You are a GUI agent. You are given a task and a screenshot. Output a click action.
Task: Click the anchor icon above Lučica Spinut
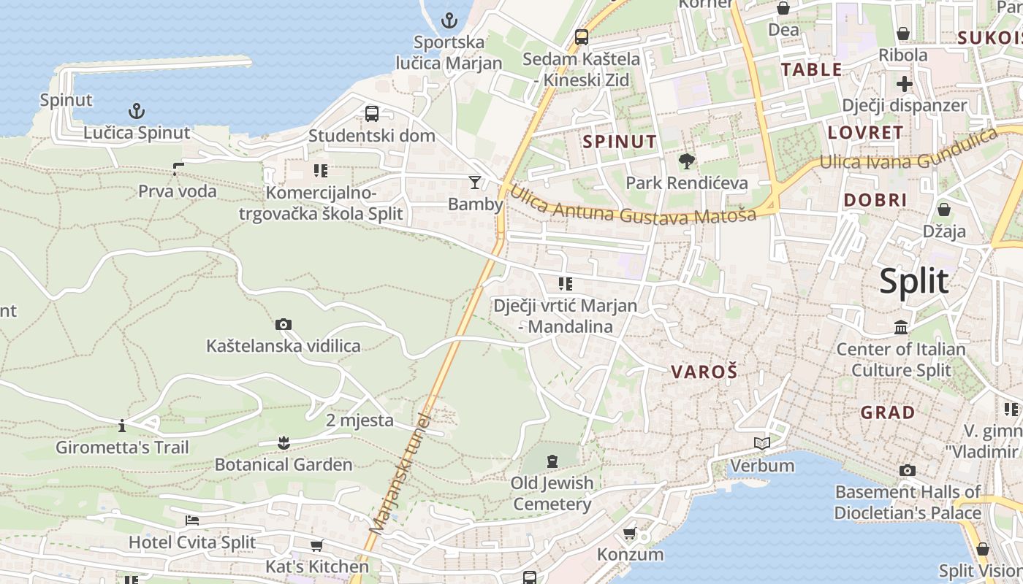[x=137, y=111]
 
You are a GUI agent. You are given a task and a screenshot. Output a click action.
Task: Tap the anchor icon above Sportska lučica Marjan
[x=449, y=20]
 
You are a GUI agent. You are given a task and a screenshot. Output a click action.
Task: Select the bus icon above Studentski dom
[x=372, y=114]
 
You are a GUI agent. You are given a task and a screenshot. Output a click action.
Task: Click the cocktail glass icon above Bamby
[x=475, y=182]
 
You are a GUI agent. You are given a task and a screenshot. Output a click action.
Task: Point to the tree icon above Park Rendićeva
[x=686, y=161]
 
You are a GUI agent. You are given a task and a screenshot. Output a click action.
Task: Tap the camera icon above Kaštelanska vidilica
[x=284, y=324]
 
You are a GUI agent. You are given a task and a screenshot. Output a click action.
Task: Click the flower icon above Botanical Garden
[x=284, y=442]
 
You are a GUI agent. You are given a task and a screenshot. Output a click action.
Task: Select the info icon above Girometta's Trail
[x=122, y=426]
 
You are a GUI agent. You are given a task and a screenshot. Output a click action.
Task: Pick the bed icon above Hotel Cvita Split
[x=192, y=520]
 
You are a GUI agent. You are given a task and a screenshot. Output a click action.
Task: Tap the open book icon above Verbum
[x=762, y=443]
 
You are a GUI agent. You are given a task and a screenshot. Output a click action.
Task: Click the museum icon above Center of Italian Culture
[x=901, y=327]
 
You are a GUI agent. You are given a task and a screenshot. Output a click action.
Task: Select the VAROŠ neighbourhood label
[x=704, y=372]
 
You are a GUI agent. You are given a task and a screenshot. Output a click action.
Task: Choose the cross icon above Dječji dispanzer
[x=905, y=83]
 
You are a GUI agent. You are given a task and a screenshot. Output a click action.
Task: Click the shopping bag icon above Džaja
[x=944, y=210]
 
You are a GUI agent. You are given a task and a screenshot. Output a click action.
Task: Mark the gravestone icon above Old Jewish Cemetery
[x=552, y=461]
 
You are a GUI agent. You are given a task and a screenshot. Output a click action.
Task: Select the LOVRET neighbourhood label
[x=865, y=133]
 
